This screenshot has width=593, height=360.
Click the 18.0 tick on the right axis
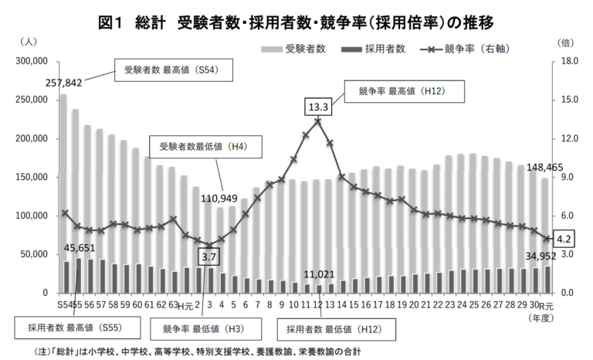(565, 61)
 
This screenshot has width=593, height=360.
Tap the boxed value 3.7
(208, 255)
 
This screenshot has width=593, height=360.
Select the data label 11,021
(318, 274)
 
